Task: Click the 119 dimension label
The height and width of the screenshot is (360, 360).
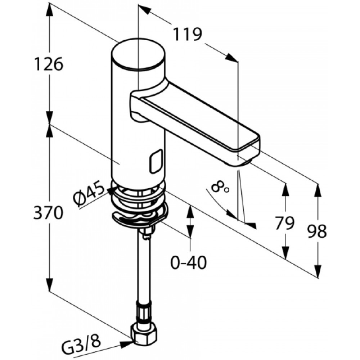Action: (187, 35)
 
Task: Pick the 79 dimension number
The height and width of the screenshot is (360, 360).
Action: (285, 223)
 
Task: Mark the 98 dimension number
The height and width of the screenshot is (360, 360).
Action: (318, 231)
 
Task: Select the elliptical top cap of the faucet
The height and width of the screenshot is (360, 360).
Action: (138, 55)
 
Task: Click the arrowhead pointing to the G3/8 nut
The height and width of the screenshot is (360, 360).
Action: (127, 342)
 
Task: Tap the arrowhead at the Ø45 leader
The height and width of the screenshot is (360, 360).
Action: (111, 190)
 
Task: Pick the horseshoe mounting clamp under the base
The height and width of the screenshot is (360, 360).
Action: (140, 218)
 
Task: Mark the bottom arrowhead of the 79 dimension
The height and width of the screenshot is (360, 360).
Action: (285, 253)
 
